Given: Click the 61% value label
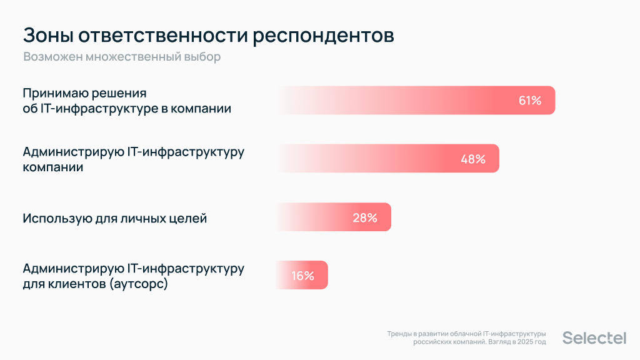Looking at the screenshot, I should (529, 101).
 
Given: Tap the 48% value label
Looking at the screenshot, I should (473, 159).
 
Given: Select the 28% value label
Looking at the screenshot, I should (365, 218).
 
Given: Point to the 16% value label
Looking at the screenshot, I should (302, 276).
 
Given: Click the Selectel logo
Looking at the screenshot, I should (594, 338).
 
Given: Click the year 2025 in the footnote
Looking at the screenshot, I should (522, 342).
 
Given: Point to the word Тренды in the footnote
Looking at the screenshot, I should (398, 334).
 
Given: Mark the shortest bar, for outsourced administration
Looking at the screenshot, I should (301, 276).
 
